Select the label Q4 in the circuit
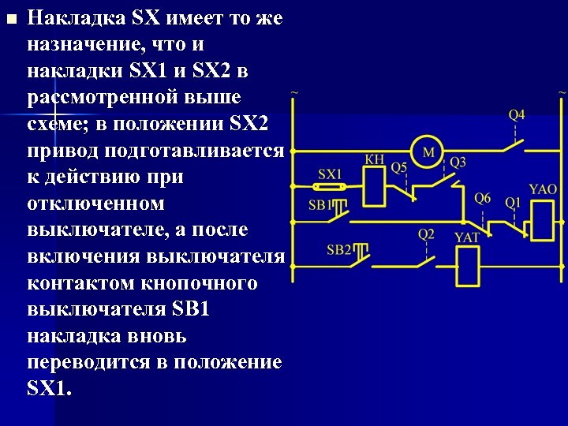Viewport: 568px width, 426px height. tap(517, 115)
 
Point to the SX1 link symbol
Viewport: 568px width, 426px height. tap(328, 188)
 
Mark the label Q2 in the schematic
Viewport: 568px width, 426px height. tap(426, 234)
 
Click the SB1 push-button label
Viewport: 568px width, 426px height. tap(320, 205)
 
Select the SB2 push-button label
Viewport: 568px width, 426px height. tap(339, 249)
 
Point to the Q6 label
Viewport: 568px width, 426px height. tap(483, 198)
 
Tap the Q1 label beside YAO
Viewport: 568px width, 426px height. tap(513, 202)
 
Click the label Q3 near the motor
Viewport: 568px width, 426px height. tap(458, 162)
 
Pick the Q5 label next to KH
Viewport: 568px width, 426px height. tap(399, 167)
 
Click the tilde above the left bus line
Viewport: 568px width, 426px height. tap(294, 93)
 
